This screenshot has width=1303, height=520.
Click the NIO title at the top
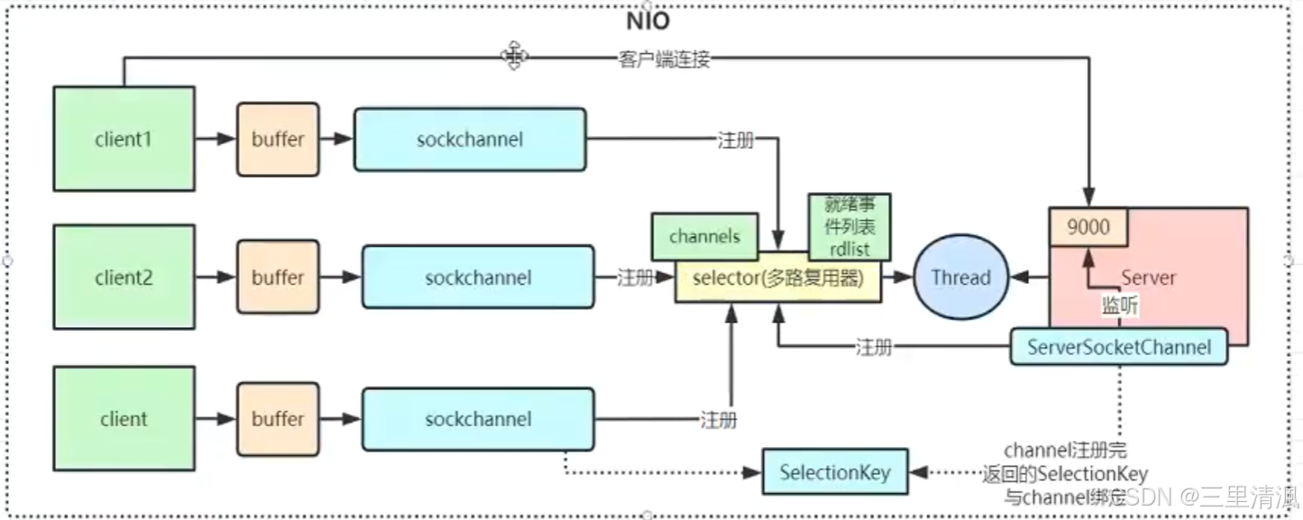tap(647, 23)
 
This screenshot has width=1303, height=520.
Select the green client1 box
tap(124, 139)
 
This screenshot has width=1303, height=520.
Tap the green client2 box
tap(124, 278)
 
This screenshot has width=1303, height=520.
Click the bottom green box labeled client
tap(124, 419)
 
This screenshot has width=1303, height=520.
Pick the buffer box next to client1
tap(278, 140)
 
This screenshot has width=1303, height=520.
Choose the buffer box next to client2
tap(278, 278)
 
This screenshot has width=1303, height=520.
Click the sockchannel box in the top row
tap(469, 140)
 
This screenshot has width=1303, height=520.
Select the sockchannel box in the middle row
tap(478, 278)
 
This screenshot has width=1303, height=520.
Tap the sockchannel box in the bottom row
tap(478, 419)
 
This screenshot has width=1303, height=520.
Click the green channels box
tap(704, 236)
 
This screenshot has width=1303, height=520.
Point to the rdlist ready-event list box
tap(849, 227)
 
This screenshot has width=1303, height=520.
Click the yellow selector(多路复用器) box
tap(777, 278)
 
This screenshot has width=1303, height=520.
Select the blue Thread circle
tap(960, 278)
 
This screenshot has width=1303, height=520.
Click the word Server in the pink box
tap(1148, 278)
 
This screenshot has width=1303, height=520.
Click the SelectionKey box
tap(835, 472)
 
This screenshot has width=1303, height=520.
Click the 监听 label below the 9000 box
tap(1120, 306)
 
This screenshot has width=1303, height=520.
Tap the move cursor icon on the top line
tap(514, 56)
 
